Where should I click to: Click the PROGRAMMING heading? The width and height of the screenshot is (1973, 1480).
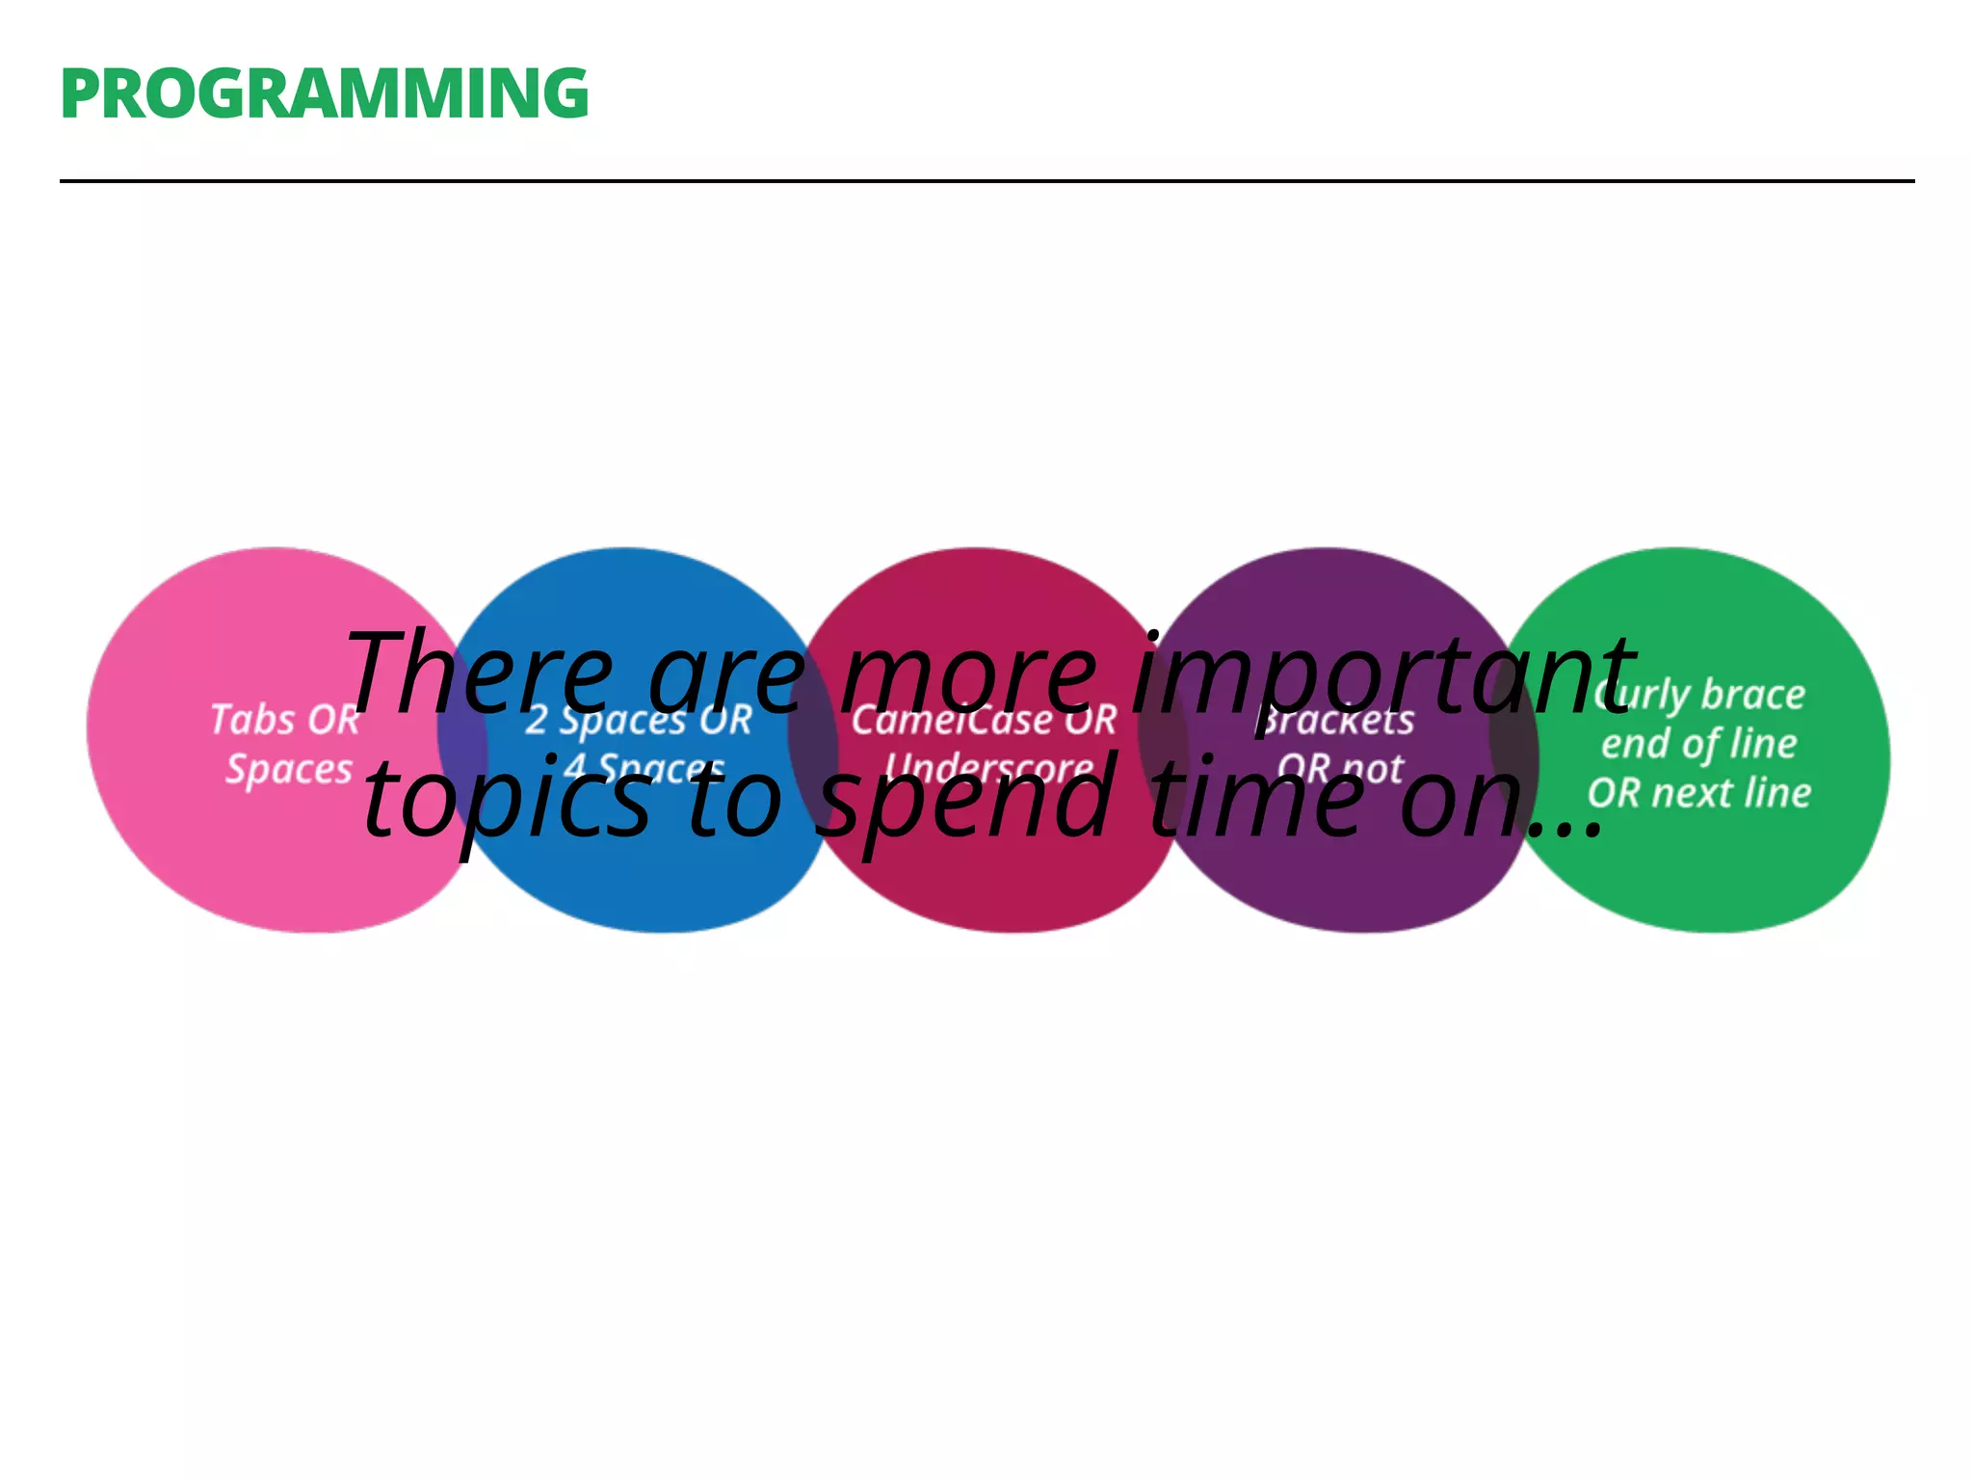324,94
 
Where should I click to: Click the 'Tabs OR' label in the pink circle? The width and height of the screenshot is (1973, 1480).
284,720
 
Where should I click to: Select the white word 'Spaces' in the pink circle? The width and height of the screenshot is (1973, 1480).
289,770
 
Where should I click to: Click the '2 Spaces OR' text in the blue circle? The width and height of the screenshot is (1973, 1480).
638,720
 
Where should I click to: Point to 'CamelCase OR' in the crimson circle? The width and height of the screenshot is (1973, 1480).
984,720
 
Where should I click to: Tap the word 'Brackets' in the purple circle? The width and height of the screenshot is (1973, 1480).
1337,720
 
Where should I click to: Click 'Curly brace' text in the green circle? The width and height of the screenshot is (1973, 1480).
1699,694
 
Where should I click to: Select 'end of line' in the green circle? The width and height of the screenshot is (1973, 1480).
1699,744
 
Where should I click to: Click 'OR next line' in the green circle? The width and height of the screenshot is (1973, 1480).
1699,793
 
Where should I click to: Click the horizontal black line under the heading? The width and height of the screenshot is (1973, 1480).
986,180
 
